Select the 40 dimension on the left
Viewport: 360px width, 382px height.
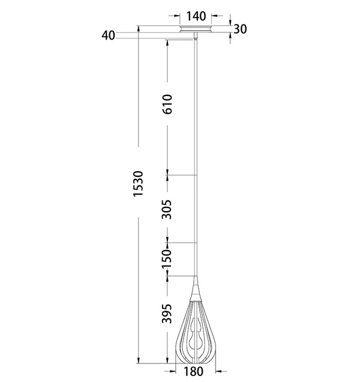coord(109,35)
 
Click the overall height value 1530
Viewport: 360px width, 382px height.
coord(138,184)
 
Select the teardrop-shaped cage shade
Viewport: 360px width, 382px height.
coord(196,333)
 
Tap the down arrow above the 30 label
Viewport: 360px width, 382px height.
coord(232,23)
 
